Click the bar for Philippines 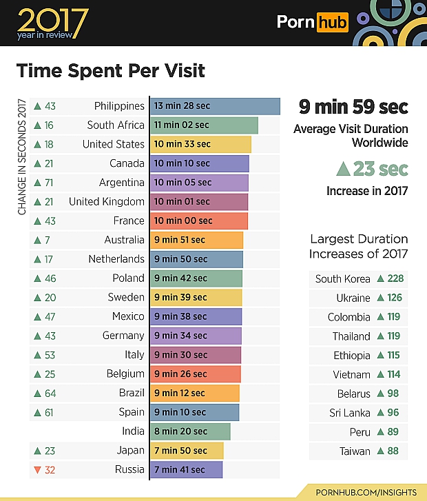click(215, 106)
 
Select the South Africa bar click(204, 125)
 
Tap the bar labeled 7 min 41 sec click(186, 470)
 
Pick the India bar click(190, 431)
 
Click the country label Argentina click(122, 183)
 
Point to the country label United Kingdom click(107, 202)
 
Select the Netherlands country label click(116, 259)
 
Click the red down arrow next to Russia click(37, 470)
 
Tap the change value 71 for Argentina click(50, 183)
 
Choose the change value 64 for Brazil click(50, 393)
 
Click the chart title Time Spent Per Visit click(111, 71)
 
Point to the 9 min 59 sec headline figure click(353, 108)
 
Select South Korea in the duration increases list click(342, 279)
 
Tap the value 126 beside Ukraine click(395, 298)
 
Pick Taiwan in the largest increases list click(355, 451)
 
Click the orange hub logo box click(333, 23)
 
